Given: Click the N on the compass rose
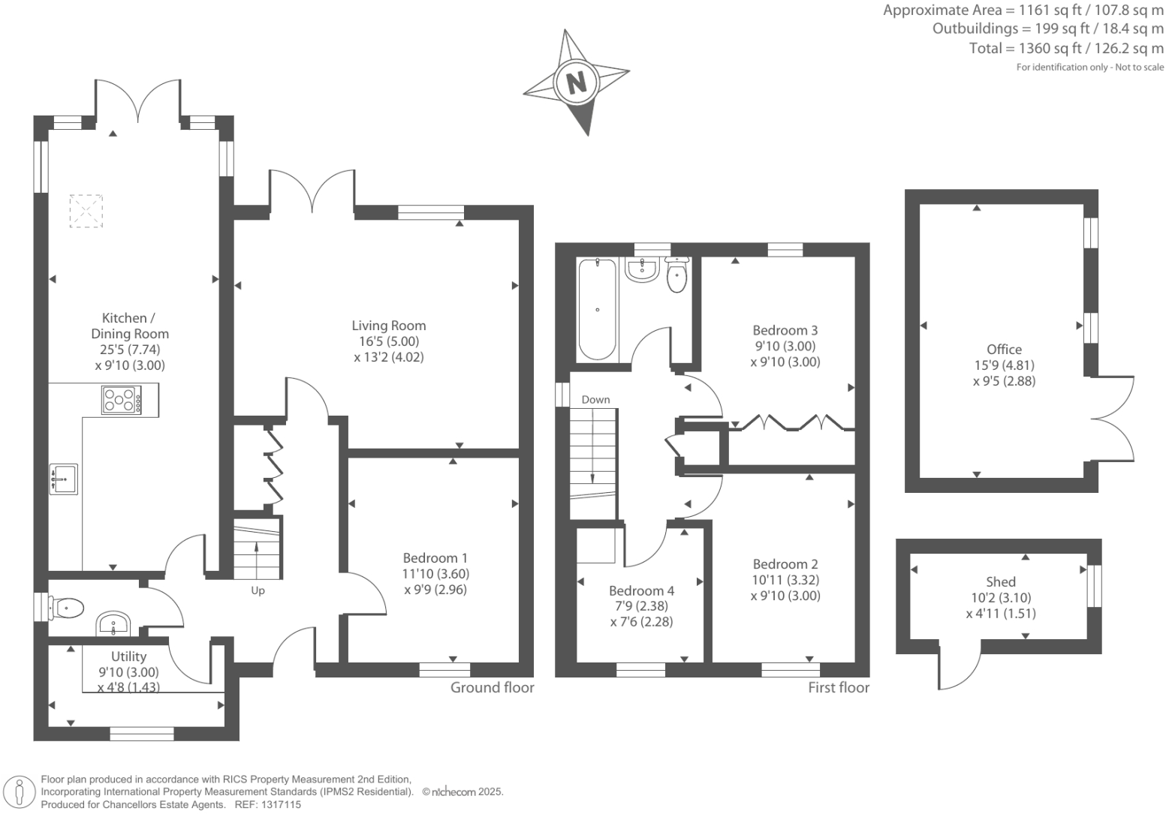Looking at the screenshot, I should [x=576, y=82].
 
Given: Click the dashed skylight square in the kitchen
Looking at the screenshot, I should [x=86, y=211].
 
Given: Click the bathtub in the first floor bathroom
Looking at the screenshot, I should [x=598, y=309].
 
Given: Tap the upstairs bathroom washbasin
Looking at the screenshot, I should [x=642, y=269].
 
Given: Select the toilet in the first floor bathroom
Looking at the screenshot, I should [x=676, y=275].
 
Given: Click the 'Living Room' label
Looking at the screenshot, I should [x=388, y=326].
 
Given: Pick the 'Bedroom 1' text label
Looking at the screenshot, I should [x=435, y=558].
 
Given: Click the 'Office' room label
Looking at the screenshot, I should [x=1004, y=350].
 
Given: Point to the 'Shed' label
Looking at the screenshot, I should [x=1000, y=582].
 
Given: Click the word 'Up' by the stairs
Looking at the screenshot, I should [x=258, y=590].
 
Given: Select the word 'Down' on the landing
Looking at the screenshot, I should [x=595, y=400].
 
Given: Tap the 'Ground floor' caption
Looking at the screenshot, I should [x=492, y=688].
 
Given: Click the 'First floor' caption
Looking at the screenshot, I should [x=838, y=688].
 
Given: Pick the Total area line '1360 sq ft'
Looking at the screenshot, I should [x=1066, y=49].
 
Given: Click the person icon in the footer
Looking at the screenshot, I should [x=20, y=791].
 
